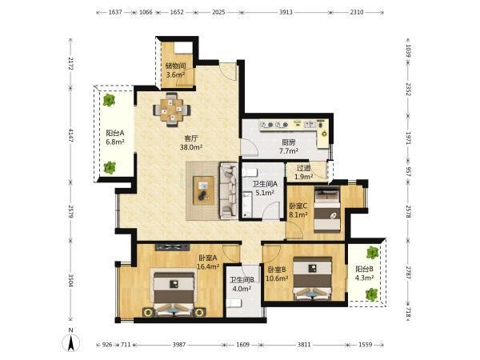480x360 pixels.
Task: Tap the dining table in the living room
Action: [172, 110]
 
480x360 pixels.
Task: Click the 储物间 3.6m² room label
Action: [175, 70]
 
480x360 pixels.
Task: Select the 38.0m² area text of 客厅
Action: [191, 147]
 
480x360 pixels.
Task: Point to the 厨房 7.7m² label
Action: [289, 146]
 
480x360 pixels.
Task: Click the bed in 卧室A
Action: [174, 294]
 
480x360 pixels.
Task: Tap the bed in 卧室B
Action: [312, 278]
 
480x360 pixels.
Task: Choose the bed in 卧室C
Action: [327, 210]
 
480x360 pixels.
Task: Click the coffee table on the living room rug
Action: [203, 190]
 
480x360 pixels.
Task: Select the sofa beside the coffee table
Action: [228, 190]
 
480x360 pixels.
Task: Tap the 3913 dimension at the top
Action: [286, 12]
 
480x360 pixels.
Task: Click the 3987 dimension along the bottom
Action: [179, 345]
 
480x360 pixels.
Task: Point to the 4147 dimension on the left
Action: [70, 135]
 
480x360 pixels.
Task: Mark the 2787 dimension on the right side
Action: [408, 271]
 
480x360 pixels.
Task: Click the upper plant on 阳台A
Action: [109, 100]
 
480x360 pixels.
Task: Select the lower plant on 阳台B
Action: [372, 294]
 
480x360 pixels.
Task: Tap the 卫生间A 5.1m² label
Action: [265, 188]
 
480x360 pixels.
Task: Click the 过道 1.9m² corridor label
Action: [304, 172]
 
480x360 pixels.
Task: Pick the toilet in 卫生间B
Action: [234, 303]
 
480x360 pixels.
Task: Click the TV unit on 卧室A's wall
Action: [172, 246]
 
